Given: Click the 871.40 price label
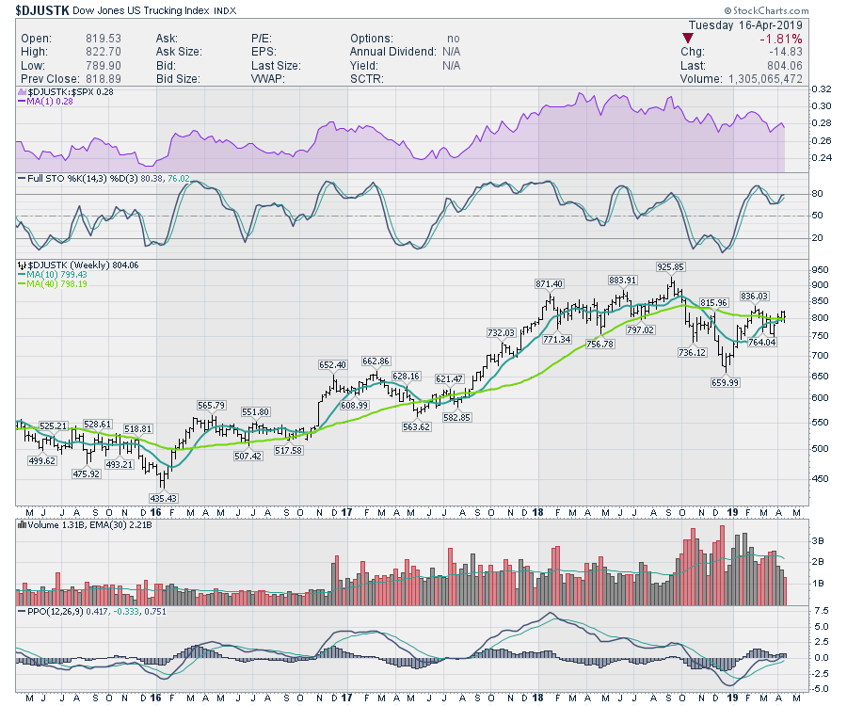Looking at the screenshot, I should point(549,283).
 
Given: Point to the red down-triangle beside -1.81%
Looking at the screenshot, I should point(692,38).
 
